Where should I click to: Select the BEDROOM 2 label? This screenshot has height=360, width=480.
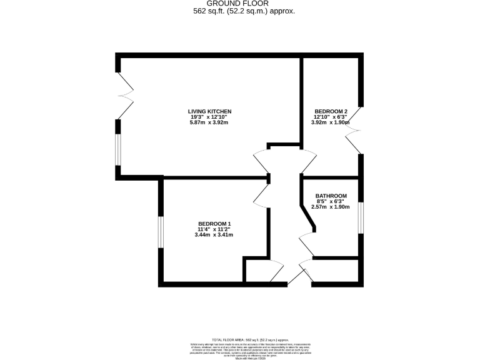(330, 111)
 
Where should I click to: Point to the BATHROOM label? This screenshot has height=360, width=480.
(331, 196)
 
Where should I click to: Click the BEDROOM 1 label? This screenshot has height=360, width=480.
(214, 224)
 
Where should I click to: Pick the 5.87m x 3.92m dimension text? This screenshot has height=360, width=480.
(209, 122)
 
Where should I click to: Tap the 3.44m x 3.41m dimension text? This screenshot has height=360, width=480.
(214, 235)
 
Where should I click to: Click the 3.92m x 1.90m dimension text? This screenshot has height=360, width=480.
(330, 122)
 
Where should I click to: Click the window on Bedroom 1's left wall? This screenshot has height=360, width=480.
(161, 231)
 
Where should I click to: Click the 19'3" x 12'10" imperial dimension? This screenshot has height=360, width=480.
(209, 117)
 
